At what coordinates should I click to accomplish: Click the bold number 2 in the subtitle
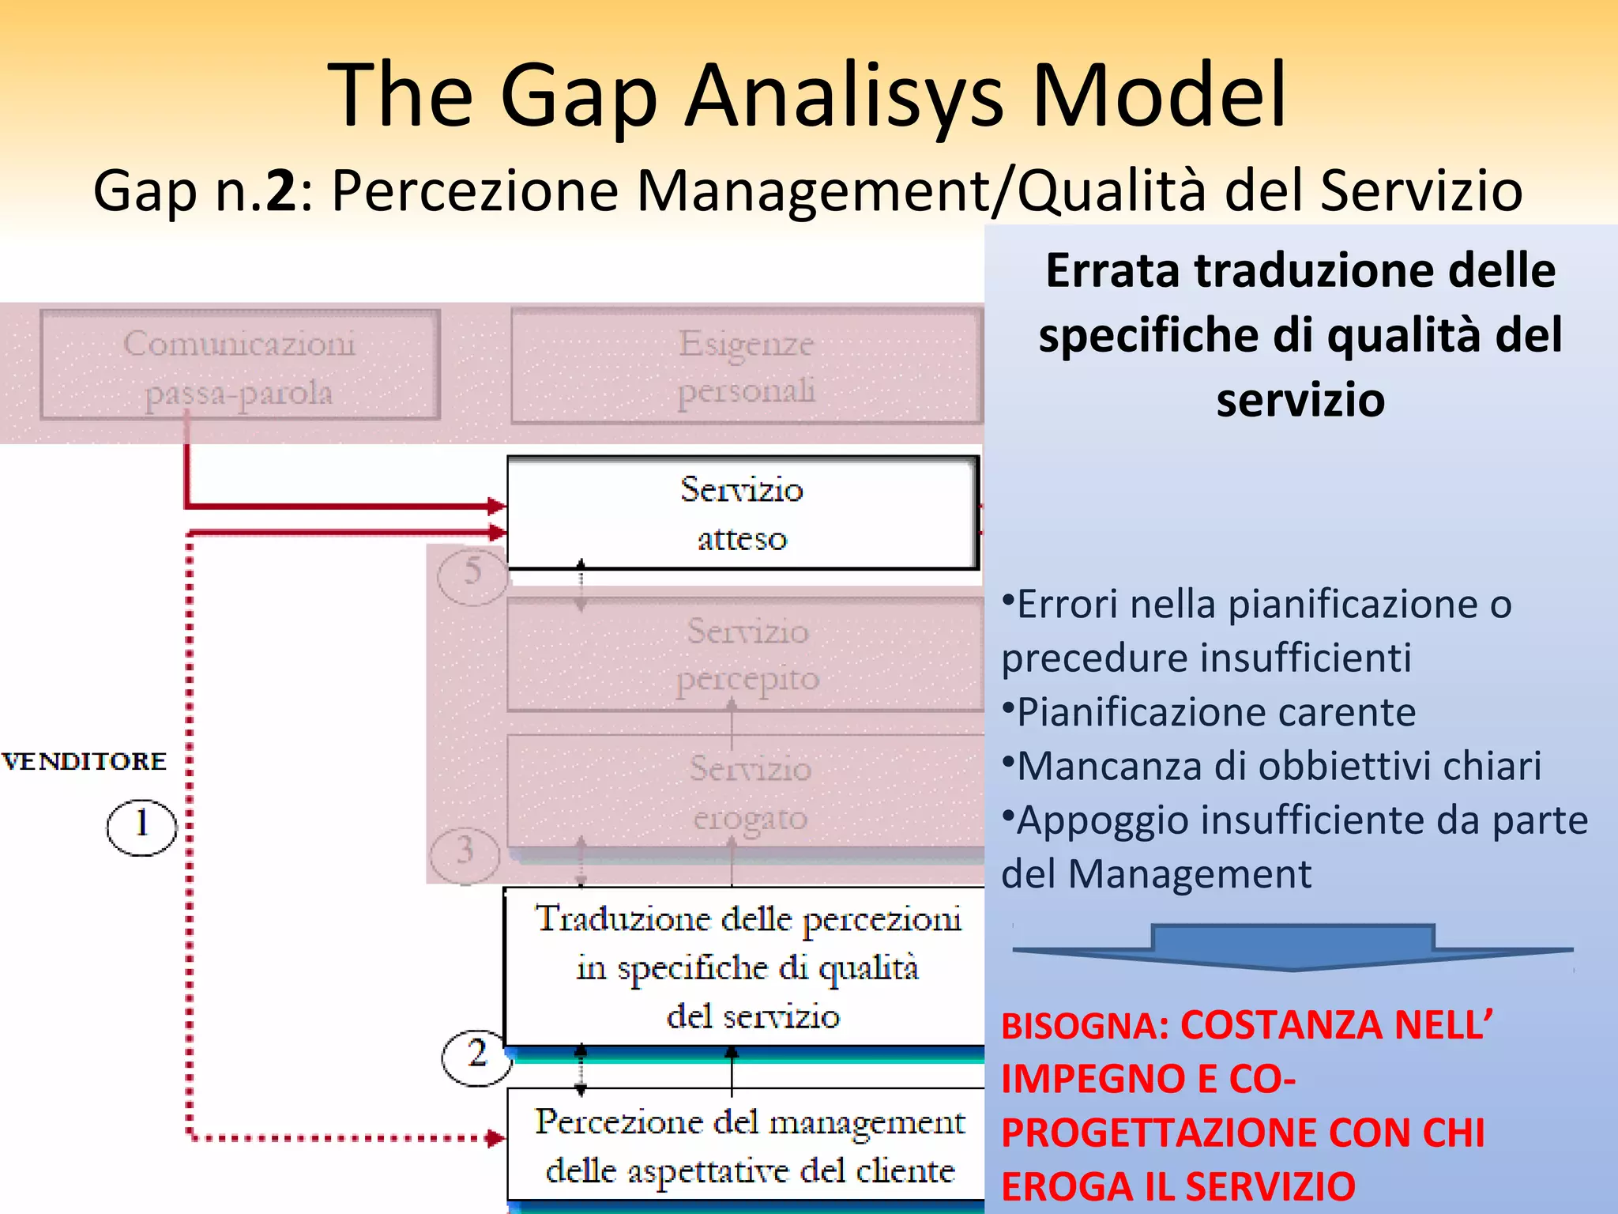point(281,191)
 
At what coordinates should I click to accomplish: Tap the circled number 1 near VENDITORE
point(141,827)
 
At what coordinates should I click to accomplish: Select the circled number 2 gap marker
point(476,1057)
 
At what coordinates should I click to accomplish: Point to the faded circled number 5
point(472,575)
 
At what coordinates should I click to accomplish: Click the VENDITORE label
point(85,761)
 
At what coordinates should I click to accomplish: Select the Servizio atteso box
point(742,513)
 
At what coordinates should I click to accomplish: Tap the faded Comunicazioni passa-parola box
point(239,366)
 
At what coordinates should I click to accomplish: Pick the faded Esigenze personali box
point(746,366)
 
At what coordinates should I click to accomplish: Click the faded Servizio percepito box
point(746,654)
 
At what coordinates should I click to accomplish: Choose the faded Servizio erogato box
point(746,792)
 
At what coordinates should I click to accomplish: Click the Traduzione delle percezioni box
point(746,967)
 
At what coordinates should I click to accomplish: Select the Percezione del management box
point(746,1145)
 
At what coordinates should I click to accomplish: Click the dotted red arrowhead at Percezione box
point(496,1139)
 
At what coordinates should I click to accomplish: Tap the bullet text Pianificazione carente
point(1215,712)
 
